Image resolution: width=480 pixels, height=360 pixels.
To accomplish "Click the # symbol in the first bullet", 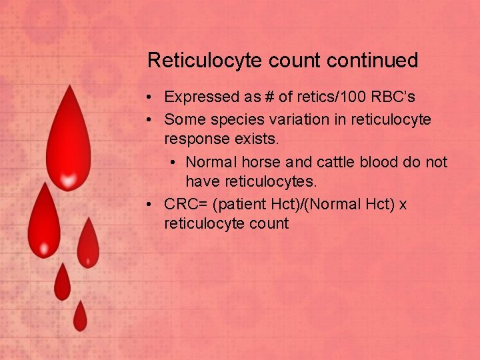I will click(x=269, y=97).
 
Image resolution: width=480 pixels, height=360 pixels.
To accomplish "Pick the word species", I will click(x=230, y=119).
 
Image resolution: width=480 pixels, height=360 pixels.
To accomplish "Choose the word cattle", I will click(x=335, y=162).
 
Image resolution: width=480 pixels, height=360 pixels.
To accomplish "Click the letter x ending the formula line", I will click(x=403, y=204).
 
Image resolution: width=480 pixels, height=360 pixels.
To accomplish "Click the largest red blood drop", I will click(x=68, y=143).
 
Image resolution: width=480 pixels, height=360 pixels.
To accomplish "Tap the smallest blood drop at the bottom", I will click(x=80, y=317).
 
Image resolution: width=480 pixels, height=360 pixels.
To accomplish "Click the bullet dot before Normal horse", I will click(x=173, y=163).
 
